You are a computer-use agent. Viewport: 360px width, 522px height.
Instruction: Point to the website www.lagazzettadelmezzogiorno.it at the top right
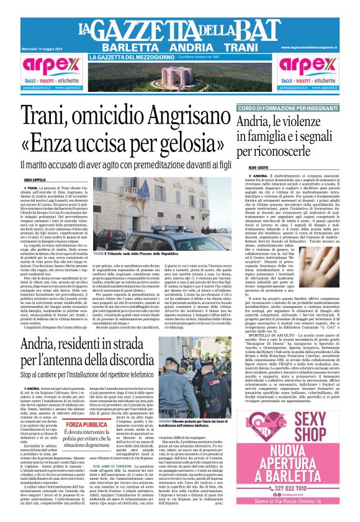[x=310, y=47]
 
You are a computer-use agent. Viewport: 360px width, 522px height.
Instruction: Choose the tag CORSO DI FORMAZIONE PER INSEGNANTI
[x=284, y=109]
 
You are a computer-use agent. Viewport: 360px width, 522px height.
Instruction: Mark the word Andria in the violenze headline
[x=254, y=121]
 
